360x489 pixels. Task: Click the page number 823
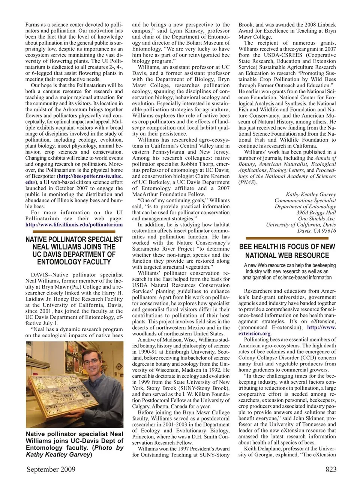click(x=328, y=470)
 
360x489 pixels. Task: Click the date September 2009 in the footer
click(x=51, y=470)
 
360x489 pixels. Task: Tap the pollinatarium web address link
click(x=74, y=225)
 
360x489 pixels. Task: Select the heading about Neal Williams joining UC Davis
click(x=74, y=251)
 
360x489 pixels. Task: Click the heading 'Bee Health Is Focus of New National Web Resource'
click(x=287, y=251)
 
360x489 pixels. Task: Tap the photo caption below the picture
click(x=74, y=444)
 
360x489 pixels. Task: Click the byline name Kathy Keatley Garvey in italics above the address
click(x=310, y=194)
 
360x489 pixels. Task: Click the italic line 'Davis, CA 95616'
click(x=316, y=231)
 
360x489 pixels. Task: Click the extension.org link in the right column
click(x=255, y=333)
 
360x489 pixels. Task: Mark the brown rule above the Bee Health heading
click(x=286, y=238)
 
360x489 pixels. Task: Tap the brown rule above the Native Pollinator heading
click(x=74, y=232)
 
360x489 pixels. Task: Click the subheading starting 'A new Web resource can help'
click(x=287, y=271)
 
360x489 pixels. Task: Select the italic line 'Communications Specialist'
click(x=305, y=200)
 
